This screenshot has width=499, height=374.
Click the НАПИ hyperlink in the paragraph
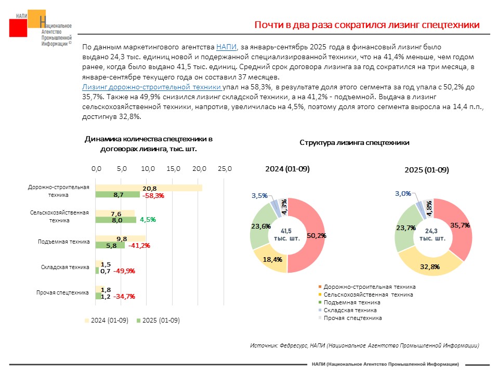[226, 47]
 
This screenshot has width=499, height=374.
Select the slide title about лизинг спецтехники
[366, 25]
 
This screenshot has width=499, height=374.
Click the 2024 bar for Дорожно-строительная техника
[149, 188]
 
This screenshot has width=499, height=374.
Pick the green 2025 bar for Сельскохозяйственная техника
[115, 220]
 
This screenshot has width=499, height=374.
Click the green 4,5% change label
[148, 220]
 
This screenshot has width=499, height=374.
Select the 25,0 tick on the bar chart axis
[225, 169]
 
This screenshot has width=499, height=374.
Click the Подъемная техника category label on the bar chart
[64, 242]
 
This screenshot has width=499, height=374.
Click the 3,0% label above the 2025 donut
[402, 193]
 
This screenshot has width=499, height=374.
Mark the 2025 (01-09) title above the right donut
[427, 170]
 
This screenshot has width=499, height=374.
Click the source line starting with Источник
[364, 345]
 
